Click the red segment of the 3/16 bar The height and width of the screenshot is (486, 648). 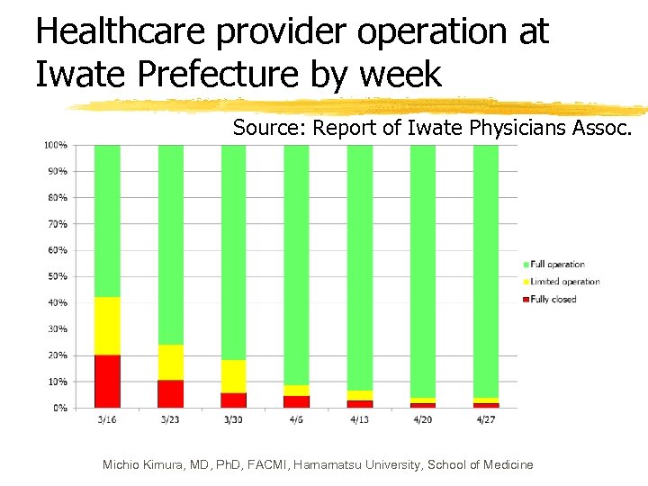(107, 381)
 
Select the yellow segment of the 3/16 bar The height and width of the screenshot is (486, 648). (107, 326)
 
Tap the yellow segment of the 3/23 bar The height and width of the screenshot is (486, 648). (170, 362)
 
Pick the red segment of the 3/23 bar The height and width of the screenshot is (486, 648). (170, 393)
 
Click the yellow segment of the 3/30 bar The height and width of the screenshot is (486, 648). (233, 376)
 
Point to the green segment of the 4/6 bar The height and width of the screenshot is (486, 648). (296, 261)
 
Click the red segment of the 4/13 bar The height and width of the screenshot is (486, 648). (359, 403)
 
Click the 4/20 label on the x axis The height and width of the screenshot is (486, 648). (422, 418)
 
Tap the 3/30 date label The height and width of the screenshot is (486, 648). (233, 418)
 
